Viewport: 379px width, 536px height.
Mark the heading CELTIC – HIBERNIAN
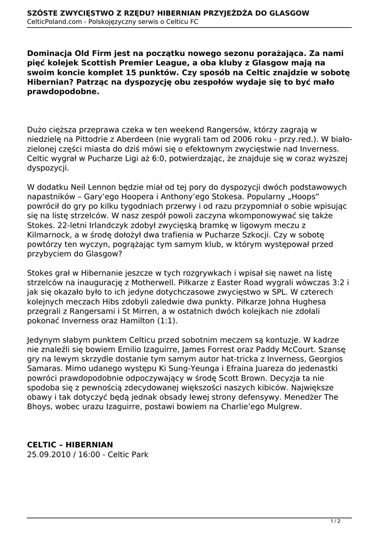click(70, 444)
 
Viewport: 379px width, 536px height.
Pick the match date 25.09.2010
click(48, 454)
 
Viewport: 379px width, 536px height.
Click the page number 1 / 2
click(336, 521)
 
